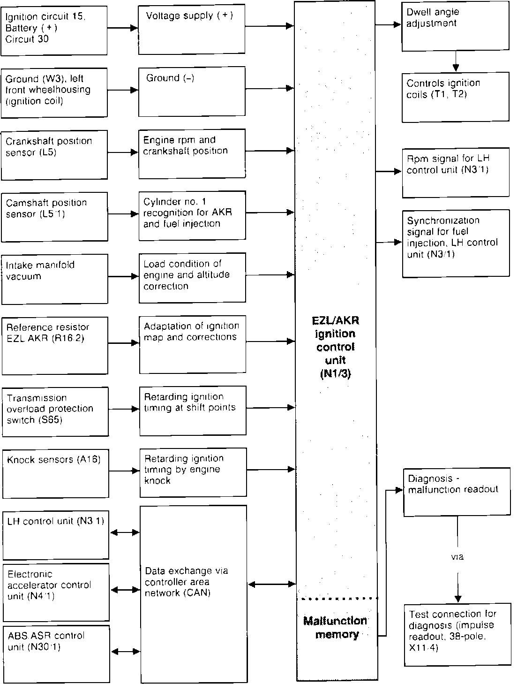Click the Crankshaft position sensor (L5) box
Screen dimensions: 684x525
tap(54, 155)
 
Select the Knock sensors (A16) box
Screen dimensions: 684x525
tap(56, 473)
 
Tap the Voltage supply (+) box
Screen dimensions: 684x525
tap(192, 30)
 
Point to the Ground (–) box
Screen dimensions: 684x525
tap(192, 91)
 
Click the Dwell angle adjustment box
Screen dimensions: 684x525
tap(455, 26)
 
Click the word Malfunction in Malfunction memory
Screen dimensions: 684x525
tap(335, 621)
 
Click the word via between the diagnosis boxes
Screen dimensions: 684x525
tap(457, 557)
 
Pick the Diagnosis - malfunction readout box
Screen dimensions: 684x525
tap(457, 491)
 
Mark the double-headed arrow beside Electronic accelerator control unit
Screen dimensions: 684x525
tap(126, 590)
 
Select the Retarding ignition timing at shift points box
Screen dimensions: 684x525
tap(193, 410)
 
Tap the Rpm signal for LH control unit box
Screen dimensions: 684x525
tap(455, 173)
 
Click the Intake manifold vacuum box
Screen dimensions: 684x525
tap(55, 279)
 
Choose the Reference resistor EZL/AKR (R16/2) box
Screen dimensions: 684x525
tap(55, 346)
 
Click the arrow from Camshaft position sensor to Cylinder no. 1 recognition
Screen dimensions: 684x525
tap(123, 214)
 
